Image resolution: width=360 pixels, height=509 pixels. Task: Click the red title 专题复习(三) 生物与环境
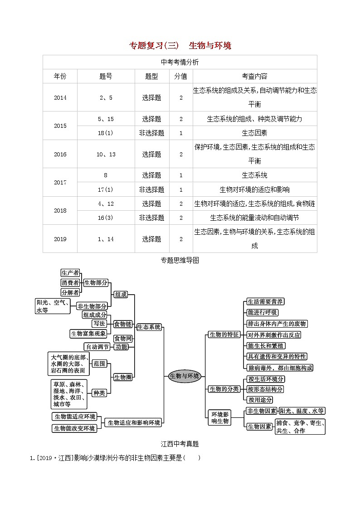pyautogui.click(x=180, y=45)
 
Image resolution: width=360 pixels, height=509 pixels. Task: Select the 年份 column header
pyautogui.click(x=60, y=76)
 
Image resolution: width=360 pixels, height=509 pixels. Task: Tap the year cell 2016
pyautogui.click(x=60, y=154)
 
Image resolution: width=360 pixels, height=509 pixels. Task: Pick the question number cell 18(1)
pyautogui.click(x=105, y=133)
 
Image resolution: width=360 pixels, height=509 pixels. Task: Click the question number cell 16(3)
pyautogui.click(x=105, y=218)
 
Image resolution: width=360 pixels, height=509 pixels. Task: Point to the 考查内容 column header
pyautogui.click(x=254, y=76)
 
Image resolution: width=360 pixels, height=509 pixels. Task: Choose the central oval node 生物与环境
pyautogui.click(x=184, y=376)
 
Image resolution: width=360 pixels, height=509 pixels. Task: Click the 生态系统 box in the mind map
pyautogui.click(x=149, y=327)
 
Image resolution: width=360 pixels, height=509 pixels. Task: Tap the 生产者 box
pyautogui.click(x=70, y=272)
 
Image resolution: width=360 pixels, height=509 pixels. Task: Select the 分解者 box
pyautogui.click(x=70, y=292)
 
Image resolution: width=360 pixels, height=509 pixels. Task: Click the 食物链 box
pyautogui.click(x=122, y=324)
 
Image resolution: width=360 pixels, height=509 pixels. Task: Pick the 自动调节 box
pyautogui.click(x=97, y=347)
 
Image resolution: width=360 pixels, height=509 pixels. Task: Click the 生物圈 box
pyautogui.click(x=122, y=377)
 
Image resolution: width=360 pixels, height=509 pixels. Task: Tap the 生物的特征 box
pyautogui.click(x=224, y=334)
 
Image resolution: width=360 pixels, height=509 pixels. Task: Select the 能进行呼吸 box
pyautogui.click(x=263, y=313)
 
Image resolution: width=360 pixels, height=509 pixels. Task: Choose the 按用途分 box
pyautogui.click(x=260, y=400)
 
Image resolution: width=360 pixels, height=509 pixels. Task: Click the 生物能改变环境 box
pyautogui.click(x=75, y=428)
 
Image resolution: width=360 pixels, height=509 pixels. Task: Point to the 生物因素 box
pyautogui.click(x=259, y=426)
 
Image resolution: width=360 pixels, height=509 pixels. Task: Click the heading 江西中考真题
pyautogui.click(x=180, y=444)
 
